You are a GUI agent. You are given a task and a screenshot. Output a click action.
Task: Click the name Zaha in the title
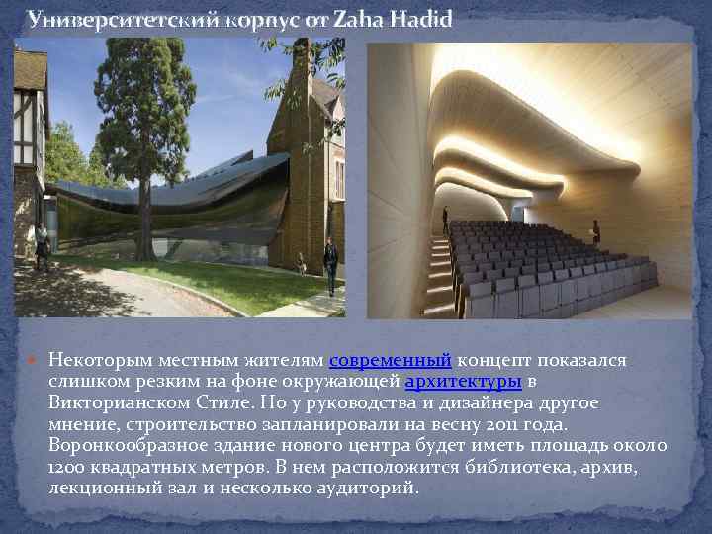pos(363,19)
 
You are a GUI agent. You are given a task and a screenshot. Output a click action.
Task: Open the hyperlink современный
pos(390,360)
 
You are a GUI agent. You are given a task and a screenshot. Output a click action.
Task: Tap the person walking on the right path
pos(330,262)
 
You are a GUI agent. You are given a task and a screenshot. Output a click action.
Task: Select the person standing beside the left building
pos(41,247)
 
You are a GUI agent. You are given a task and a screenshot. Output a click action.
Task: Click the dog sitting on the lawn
pos(301,263)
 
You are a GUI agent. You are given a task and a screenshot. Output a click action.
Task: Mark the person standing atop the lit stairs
pos(445,219)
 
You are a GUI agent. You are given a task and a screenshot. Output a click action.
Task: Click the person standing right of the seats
pos(623,233)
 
